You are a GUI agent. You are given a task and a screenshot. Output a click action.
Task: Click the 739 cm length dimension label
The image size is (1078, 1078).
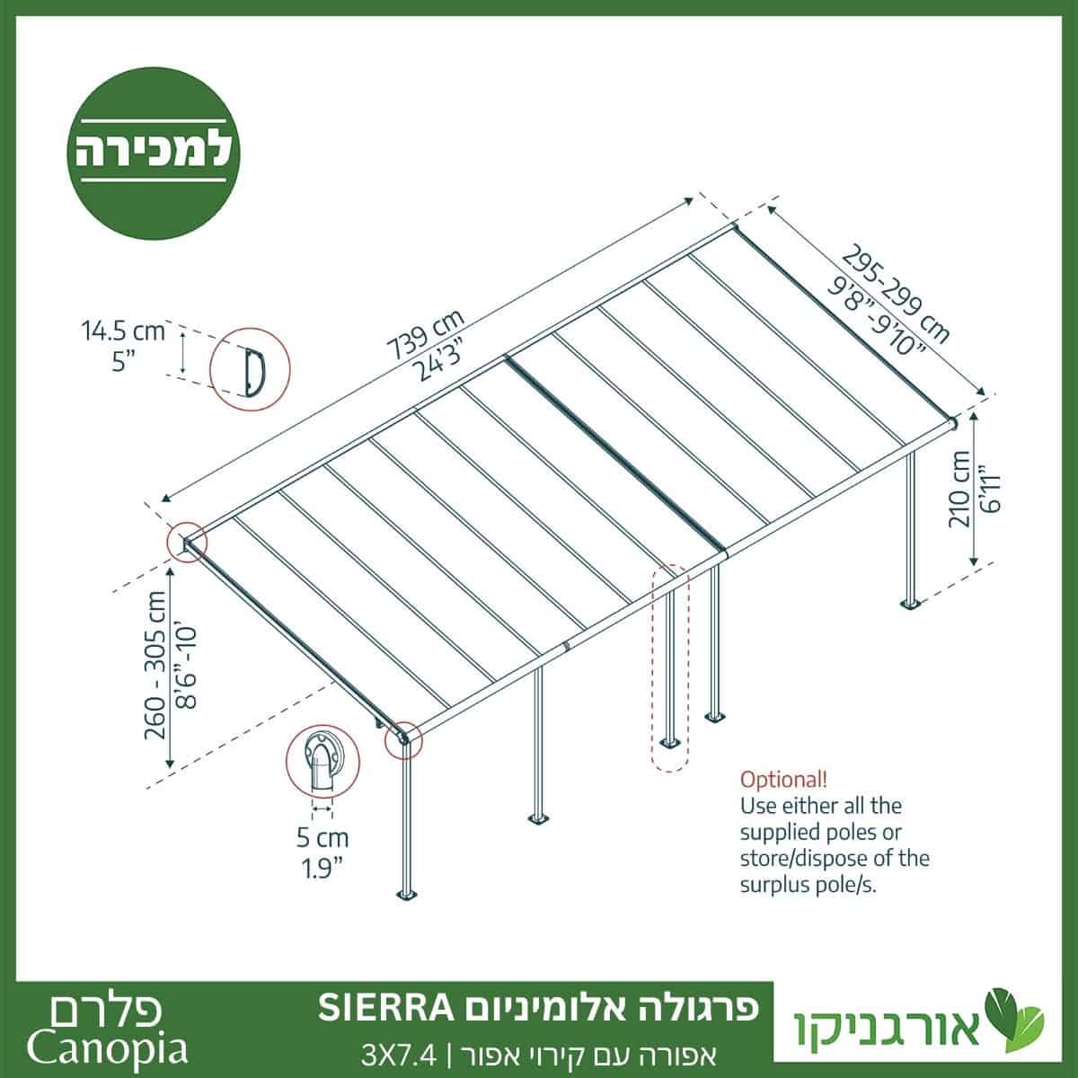click(x=428, y=334)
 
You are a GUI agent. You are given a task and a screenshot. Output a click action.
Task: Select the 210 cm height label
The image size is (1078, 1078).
click(x=959, y=489)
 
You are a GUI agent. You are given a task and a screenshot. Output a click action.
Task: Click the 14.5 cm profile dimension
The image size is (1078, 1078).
click(x=124, y=331)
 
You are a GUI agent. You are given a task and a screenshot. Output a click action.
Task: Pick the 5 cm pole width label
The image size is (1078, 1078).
click(x=323, y=837)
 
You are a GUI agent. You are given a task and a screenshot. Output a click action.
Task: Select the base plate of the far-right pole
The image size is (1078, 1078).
click(x=911, y=605)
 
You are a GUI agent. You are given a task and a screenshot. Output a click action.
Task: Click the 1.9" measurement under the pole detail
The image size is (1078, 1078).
click(x=323, y=869)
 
